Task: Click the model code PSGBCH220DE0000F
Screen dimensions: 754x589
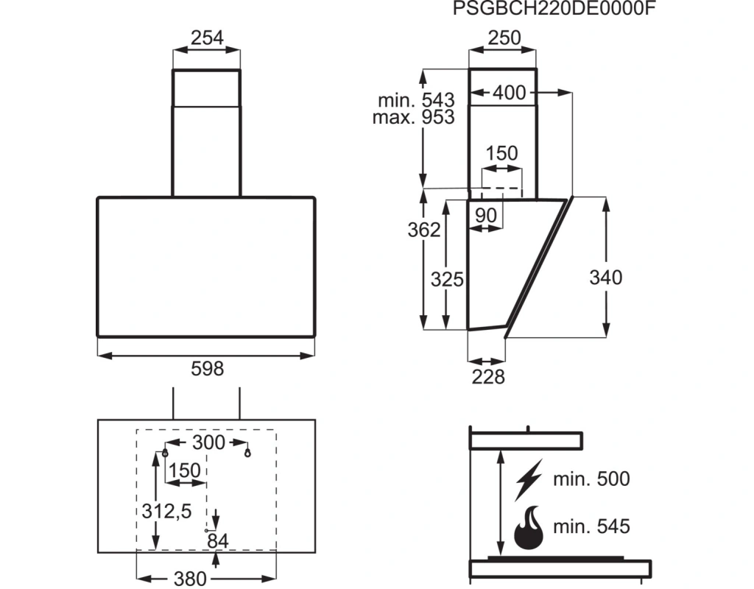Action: pos(554,8)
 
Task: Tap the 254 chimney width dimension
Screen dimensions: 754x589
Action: pos(207,38)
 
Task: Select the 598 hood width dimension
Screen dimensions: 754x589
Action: pos(207,369)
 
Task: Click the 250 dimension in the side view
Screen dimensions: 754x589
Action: pos(504,38)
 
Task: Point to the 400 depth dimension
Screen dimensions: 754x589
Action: pos(510,92)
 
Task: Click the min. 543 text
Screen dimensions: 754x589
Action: pos(416,100)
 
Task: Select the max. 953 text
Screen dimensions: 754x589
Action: pos(414,117)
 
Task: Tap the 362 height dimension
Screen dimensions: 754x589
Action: pos(424,230)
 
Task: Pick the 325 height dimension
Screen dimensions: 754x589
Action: pos(447,279)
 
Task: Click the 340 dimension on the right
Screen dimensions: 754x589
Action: pos(606,278)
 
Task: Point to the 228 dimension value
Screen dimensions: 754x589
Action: pos(488,377)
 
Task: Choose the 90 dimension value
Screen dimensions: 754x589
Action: pos(486,216)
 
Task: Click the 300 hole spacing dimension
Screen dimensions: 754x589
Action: pos(208,442)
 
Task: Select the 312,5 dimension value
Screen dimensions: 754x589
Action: pos(166,511)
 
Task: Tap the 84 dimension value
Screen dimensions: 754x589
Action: pos(218,541)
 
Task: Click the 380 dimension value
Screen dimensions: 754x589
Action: pos(190,579)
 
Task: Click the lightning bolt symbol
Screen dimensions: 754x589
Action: pos(529,480)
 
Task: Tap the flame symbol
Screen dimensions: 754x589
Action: pos(529,527)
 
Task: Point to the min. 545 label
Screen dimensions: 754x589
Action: pos(591,526)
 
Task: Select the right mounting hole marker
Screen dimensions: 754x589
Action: pos(247,453)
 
